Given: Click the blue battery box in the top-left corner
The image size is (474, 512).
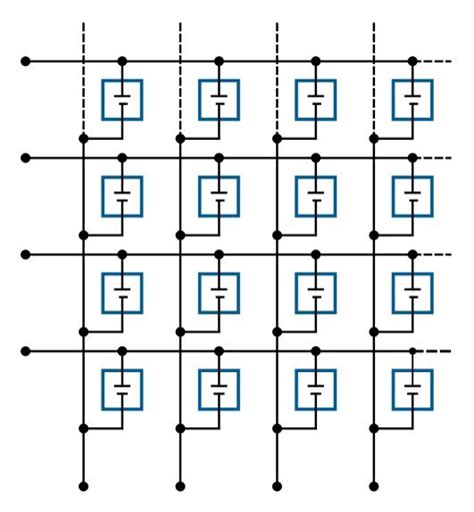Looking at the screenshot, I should pos(122,100).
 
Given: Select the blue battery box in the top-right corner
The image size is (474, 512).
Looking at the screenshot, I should pos(412,100).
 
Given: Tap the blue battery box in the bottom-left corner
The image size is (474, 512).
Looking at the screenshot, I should pos(122,389).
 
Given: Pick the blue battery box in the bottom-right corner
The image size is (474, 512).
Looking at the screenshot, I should pos(412,389).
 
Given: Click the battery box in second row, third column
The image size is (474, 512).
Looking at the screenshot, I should pos(316,196).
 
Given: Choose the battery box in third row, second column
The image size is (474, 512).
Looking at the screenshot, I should pos(219,292).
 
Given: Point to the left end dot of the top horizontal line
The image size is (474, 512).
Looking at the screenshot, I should pos(26,61).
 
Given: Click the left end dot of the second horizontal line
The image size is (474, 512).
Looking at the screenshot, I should pos(26,158).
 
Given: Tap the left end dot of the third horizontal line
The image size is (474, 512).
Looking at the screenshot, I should pos(26,255).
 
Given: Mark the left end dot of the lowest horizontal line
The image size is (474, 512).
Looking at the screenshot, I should pos(26,351).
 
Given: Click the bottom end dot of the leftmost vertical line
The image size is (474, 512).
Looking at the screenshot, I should pos(83,486).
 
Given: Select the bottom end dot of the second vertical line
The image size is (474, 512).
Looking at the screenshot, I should pos(180,486).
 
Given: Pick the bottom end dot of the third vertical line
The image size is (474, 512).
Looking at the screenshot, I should pos(277,486).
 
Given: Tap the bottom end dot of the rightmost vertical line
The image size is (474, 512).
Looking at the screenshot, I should pos(373,486).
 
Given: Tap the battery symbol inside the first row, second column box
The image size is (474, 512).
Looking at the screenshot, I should pos(219,100).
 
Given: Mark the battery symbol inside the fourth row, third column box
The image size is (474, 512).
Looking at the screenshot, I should pos(316,389).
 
